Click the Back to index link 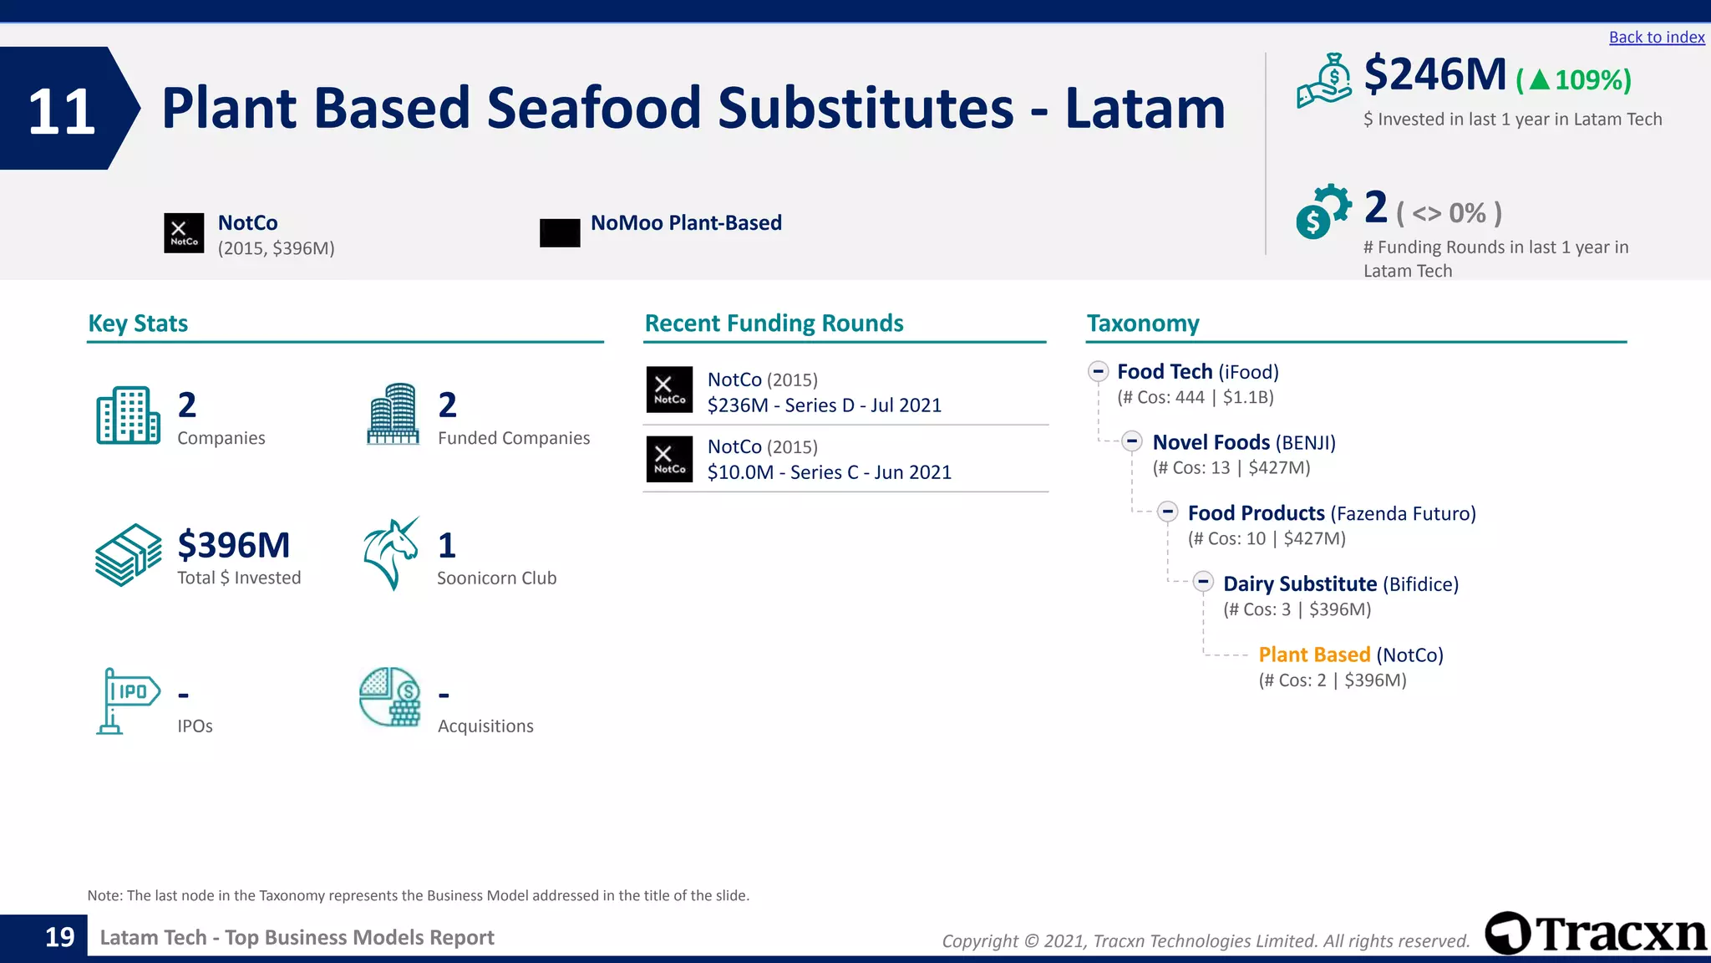(1656, 38)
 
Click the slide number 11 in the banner (61, 111)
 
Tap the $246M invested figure (1434, 74)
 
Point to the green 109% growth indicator (1574, 80)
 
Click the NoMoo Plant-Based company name (686, 223)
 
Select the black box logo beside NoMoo (560, 233)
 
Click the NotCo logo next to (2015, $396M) (184, 233)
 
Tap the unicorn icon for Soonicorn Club (391, 553)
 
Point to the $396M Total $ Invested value (234, 546)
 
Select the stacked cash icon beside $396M (128, 554)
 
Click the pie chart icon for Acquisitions (389, 696)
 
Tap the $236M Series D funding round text (824, 405)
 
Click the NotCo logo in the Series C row (669, 459)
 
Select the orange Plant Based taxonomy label (1314, 655)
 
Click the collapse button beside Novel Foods (1132, 441)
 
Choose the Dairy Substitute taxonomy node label (1299, 583)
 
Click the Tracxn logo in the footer (1596, 933)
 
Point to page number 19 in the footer (59, 937)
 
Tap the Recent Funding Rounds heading (774, 324)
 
